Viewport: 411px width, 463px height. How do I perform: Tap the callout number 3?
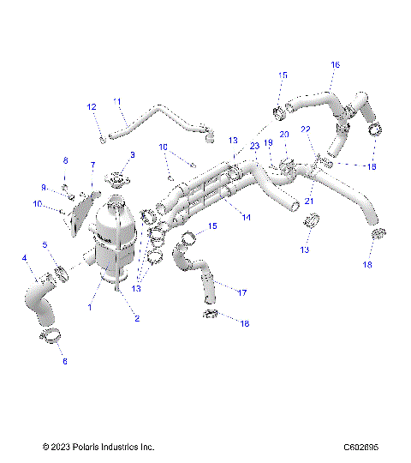pos(132,154)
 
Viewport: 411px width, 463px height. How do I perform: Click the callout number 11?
pos(117,102)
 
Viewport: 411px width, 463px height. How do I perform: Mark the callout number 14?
pos(246,218)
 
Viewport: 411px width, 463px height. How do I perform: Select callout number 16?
pos(335,64)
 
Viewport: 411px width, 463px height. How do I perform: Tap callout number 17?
pos(242,293)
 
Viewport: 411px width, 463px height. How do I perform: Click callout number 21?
pos(310,200)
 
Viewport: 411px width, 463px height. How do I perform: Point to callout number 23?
pos(253,147)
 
